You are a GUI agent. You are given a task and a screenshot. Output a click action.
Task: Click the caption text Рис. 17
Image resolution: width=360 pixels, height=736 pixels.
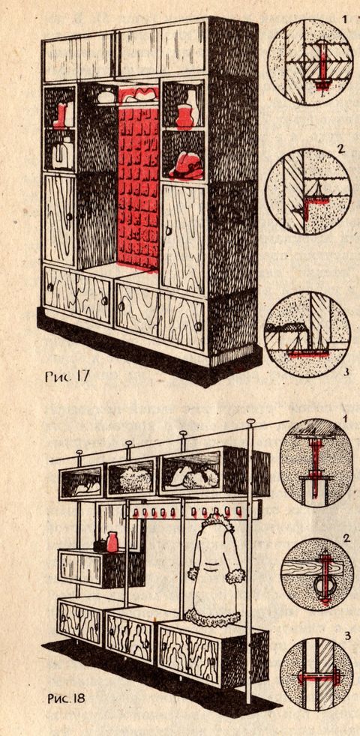point(65,376)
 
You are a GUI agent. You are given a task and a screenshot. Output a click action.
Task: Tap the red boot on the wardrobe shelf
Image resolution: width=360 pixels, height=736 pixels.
point(61,116)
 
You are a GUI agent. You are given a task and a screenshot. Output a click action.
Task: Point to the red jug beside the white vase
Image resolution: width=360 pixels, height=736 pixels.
point(184,117)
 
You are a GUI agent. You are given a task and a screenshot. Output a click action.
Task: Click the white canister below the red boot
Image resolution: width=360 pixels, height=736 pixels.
point(62,154)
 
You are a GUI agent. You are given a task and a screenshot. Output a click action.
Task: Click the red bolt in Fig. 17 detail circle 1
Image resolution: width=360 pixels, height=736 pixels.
point(322,66)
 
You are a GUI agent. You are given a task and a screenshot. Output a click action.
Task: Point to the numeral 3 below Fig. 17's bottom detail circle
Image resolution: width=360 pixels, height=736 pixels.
point(346,372)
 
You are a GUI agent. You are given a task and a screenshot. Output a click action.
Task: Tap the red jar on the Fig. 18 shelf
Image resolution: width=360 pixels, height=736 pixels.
point(112,542)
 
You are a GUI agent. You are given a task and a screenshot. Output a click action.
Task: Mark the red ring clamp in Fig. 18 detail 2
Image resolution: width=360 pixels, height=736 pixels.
point(322,588)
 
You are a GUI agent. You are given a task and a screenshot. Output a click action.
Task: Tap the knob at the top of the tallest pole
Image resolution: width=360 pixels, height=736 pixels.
point(251,422)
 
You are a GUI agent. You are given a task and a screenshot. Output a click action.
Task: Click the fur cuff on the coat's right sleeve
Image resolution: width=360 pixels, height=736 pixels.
point(235,576)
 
